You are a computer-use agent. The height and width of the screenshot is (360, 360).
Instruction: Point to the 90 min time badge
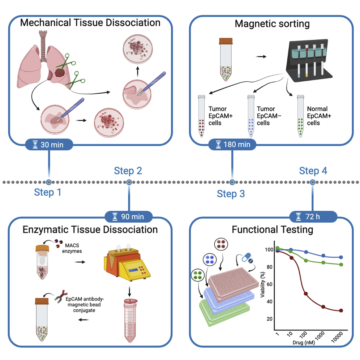[129, 217]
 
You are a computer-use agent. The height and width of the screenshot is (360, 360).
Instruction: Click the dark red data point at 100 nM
[306, 293]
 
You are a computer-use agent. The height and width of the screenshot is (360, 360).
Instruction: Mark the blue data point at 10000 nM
[341, 257]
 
